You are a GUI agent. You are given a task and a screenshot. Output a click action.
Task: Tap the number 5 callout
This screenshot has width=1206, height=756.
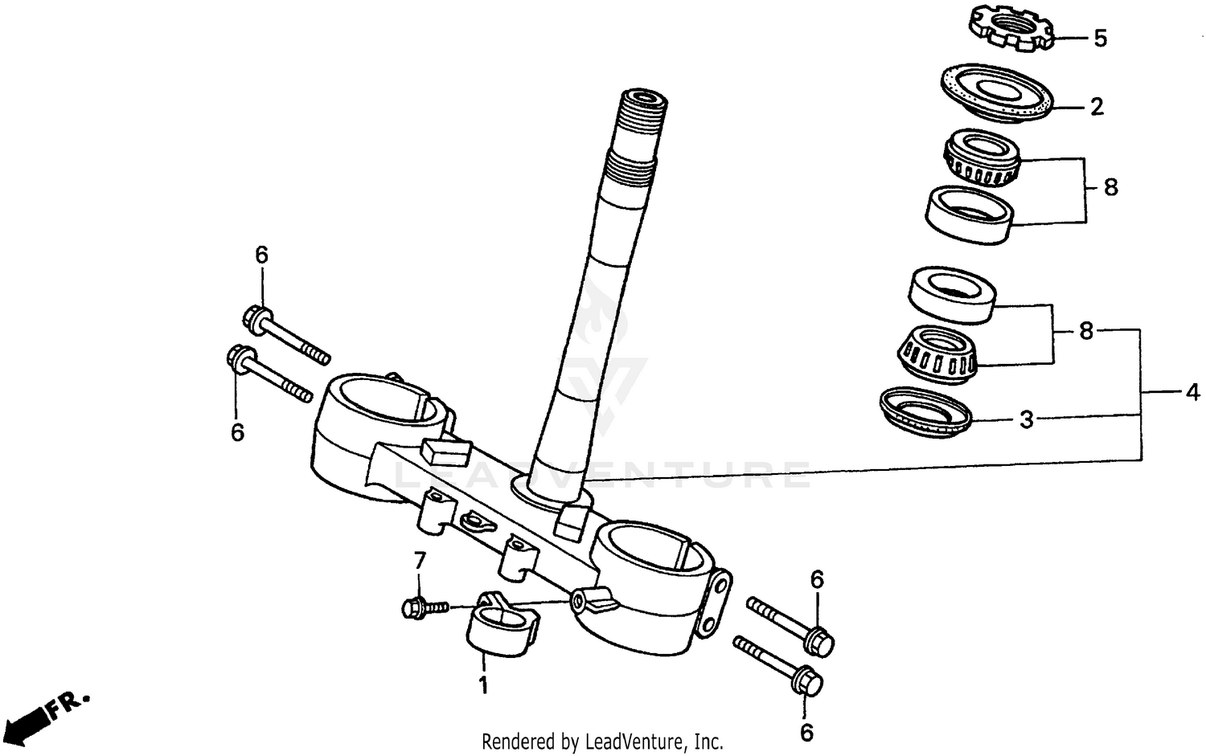click(1100, 39)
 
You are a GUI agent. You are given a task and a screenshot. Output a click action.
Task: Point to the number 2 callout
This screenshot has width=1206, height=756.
click(1097, 107)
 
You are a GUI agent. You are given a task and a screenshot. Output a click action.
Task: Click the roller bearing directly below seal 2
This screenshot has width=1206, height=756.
click(981, 158)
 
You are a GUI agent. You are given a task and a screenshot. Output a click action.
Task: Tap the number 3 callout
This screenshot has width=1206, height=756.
click(1026, 419)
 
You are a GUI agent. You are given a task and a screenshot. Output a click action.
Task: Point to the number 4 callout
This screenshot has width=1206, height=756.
click(1192, 393)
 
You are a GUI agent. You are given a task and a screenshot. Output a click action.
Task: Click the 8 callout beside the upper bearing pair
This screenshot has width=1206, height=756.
click(1110, 188)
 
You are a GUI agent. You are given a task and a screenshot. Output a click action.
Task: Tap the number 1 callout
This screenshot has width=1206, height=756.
click(483, 686)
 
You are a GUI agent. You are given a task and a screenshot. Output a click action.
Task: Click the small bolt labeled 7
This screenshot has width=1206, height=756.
click(421, 608)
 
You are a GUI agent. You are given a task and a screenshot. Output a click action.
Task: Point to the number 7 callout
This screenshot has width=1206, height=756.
click(418, 560)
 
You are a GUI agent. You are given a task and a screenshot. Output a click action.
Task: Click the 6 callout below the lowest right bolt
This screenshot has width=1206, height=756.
click(806, 732)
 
